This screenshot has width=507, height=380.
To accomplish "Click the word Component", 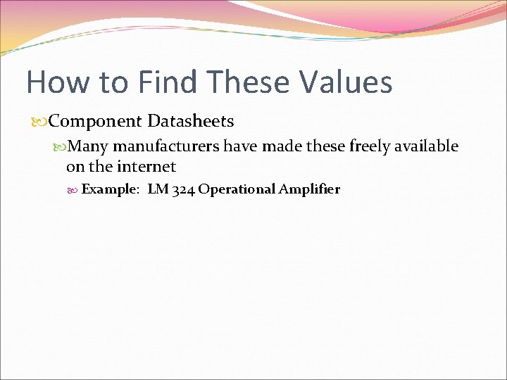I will tap(95, 122).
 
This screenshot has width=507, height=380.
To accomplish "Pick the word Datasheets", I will tap(191, 121).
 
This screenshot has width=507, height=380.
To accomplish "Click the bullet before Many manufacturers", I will tap(62, 147).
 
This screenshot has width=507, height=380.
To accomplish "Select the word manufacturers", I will tap(167, 146).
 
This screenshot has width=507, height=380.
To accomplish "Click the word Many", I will tap(89, 146).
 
